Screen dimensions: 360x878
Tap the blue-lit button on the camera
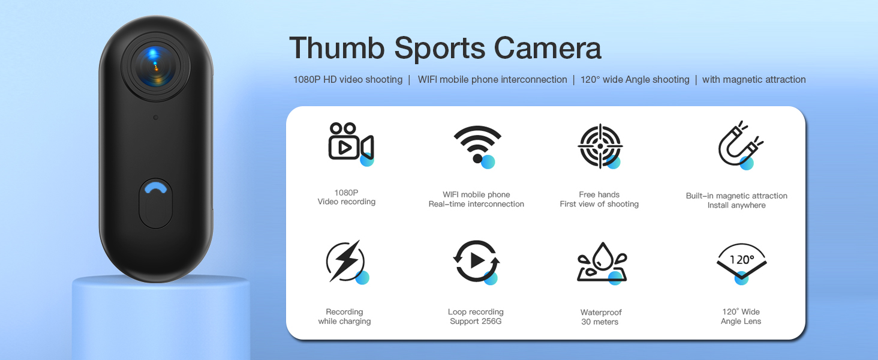156,203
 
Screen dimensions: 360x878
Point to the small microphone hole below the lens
155,118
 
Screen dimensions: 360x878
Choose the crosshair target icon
600,146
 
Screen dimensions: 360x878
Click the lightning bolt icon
346,261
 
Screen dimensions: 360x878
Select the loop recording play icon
476,261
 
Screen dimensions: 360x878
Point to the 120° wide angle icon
742,262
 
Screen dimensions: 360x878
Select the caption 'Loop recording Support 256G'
476,316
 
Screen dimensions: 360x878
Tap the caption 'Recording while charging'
344,316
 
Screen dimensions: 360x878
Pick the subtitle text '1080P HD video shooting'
348,80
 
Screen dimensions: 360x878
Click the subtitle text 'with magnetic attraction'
754,80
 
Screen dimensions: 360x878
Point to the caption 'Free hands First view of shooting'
599,199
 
